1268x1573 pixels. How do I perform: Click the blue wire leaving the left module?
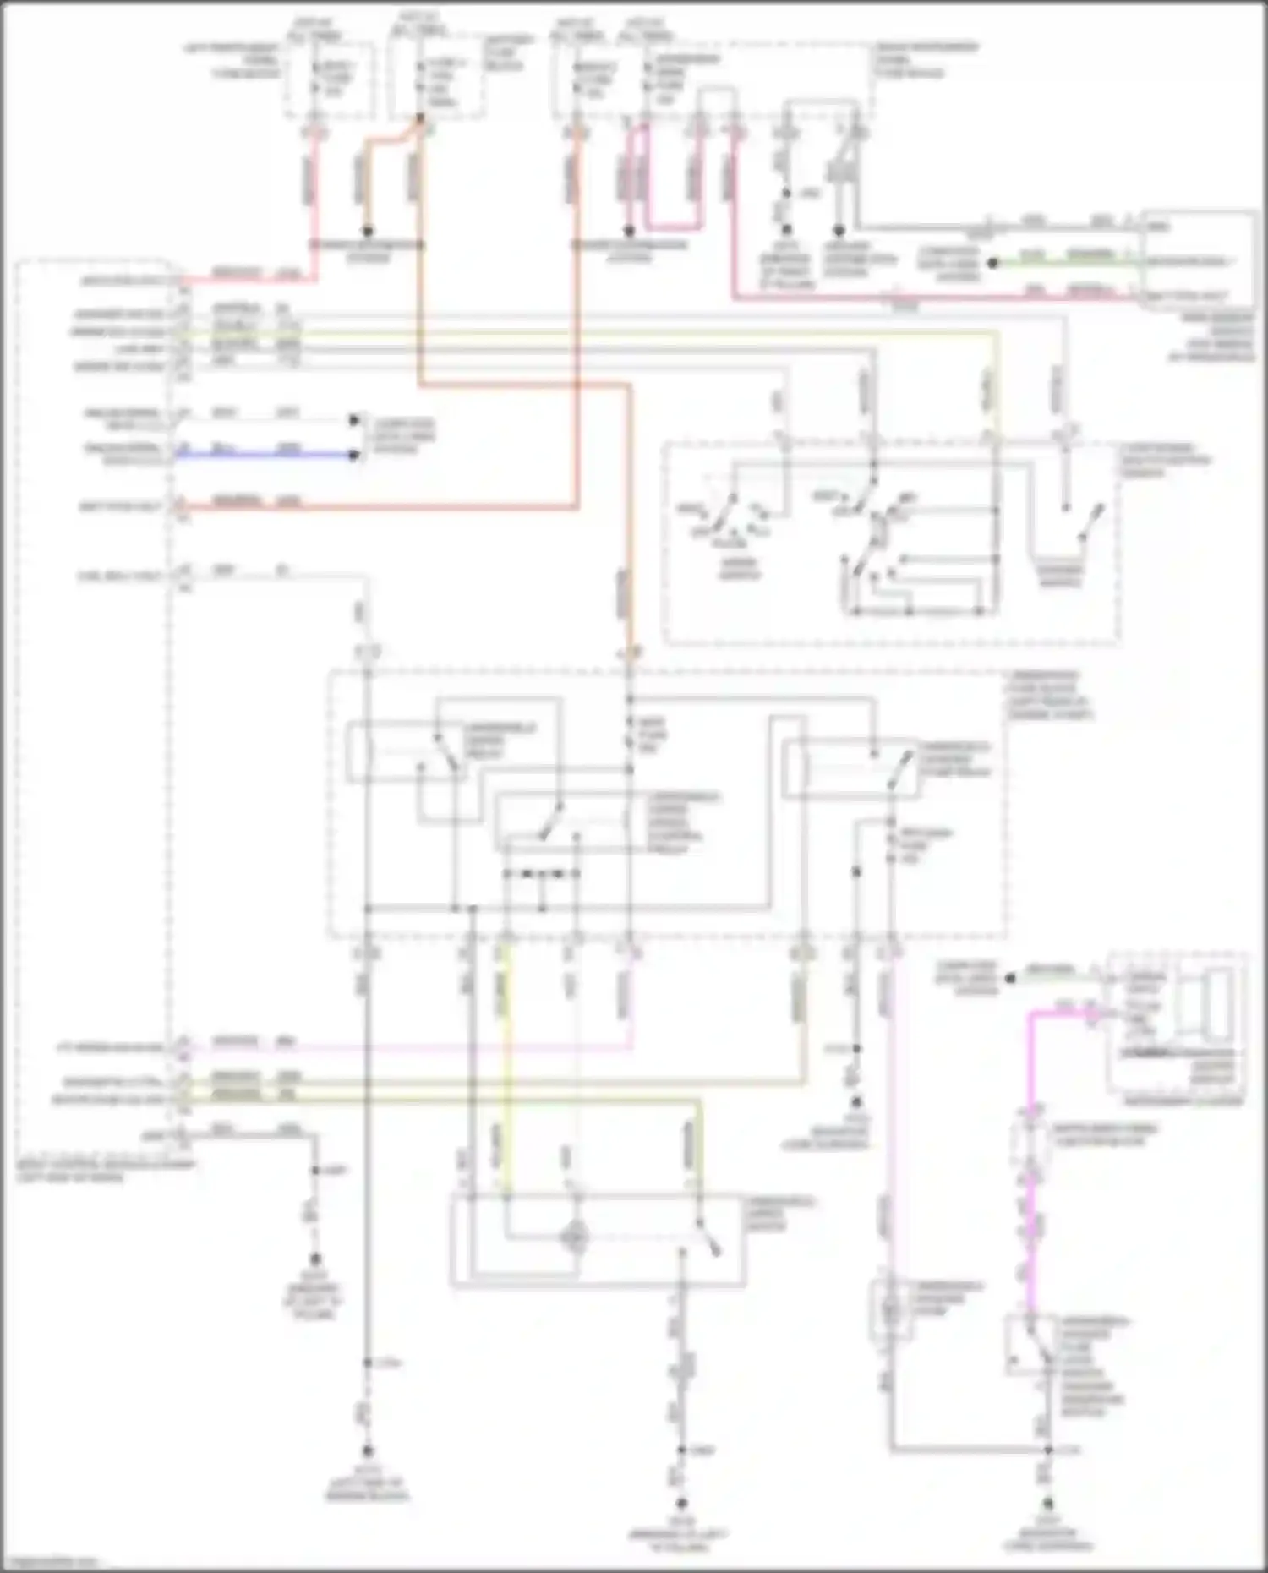click(262, 455)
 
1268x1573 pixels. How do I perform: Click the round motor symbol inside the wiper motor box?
click(575, 1237)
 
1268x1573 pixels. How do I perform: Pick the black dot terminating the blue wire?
click(354, 455)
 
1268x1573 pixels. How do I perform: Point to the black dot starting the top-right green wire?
click(993, 263)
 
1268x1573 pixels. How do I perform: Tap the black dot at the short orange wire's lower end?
click(367, 230)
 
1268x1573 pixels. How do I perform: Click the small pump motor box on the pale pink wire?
click(890, 1309)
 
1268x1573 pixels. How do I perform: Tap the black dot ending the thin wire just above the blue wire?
click(354, 420)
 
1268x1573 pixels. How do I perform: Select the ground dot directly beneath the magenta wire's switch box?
click(1048, 1504)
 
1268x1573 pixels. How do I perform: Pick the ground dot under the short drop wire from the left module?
click(315, 1259)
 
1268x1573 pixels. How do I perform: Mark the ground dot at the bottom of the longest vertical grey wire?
click(367, 1448)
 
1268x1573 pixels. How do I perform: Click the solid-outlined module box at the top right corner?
click(1198, 260)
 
